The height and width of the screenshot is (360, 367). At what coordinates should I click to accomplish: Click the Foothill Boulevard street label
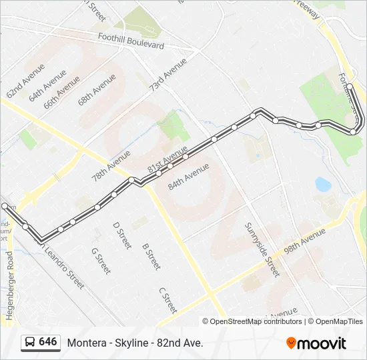130,41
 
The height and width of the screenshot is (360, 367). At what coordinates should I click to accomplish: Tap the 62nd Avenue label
25,81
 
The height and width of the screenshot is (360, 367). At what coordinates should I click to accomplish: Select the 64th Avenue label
47,85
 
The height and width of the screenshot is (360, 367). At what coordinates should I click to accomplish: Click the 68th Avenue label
97,89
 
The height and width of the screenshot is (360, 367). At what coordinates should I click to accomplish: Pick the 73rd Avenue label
168,75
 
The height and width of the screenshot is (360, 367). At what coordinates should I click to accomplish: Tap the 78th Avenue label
111,166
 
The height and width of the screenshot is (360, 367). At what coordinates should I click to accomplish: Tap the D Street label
121,235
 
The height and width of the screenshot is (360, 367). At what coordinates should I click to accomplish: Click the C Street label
167,301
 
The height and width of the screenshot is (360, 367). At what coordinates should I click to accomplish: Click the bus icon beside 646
29,342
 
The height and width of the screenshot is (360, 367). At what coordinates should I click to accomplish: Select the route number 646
48,342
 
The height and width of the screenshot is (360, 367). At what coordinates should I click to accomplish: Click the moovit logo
316,343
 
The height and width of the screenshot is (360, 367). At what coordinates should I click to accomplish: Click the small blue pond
323,183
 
